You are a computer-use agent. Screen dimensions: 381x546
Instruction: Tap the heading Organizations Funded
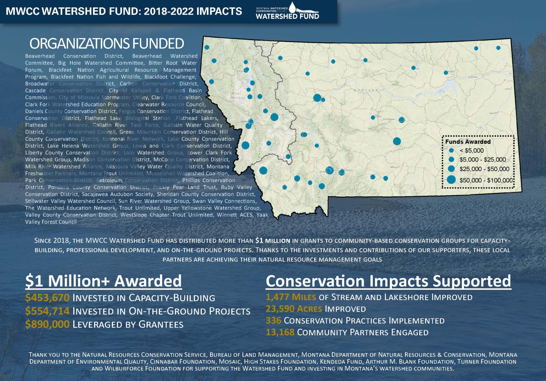coord(107,44)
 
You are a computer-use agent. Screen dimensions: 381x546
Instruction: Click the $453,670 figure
coord(47,297)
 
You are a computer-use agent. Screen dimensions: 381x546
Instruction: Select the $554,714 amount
coord(47,311)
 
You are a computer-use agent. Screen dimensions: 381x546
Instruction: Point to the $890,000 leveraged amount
coord(47,324)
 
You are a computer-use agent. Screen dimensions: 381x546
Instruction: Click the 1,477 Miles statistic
coord(291,297)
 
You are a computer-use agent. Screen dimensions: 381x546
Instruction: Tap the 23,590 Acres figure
coord(294,309)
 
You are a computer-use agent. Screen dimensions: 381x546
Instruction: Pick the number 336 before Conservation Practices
coord(273,320)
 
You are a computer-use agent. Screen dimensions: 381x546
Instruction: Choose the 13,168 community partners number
coord(280,332)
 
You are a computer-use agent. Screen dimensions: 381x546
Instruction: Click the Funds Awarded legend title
coord(468,142)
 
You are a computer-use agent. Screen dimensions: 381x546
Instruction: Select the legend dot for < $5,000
coord(451,150)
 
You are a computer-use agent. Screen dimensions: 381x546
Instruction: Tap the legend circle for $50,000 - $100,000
coord(451,180)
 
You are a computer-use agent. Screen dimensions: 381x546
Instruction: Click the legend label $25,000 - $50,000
coord(484,169)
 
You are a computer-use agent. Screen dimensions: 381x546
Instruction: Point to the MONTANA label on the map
coord(366,90)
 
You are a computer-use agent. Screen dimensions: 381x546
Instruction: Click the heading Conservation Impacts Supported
coord(388,281)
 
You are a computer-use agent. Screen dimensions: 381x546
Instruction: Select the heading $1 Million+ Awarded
coord(103,281)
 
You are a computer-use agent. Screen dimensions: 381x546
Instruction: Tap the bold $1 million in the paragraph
coord(272,241)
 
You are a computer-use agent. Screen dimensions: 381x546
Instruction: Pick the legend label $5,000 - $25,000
coord(483,160)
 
